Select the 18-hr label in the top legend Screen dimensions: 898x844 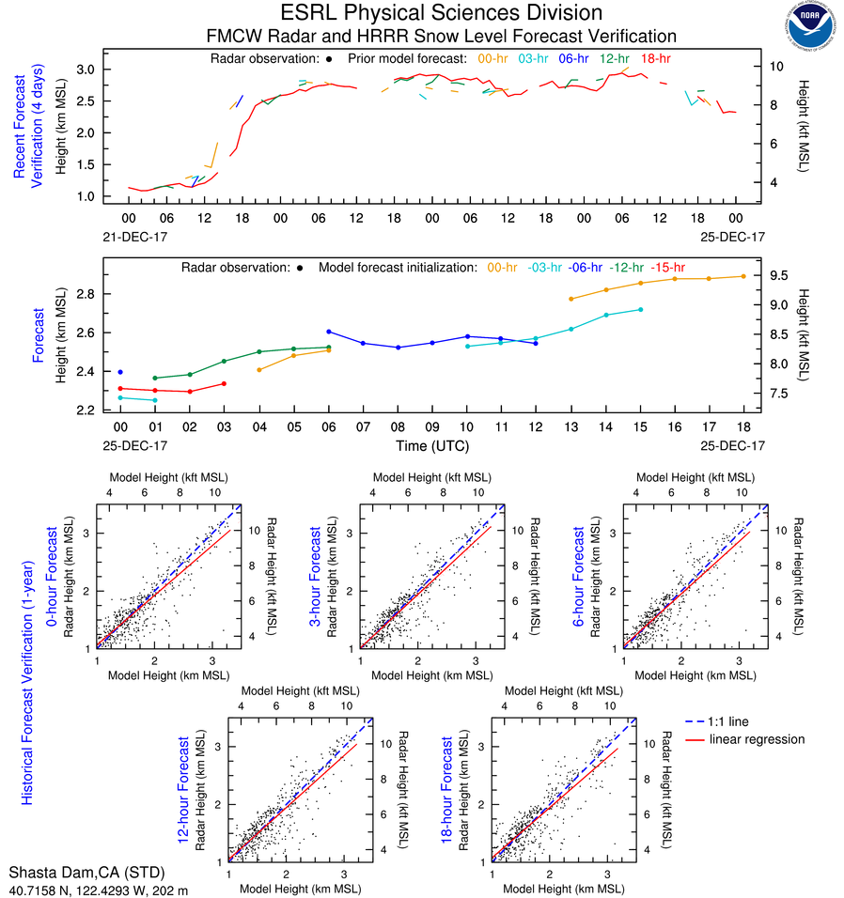[654, 58]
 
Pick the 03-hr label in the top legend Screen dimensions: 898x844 [534, 58]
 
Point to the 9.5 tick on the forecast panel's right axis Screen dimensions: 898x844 [781, 275]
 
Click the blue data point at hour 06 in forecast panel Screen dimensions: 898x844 [328, 332]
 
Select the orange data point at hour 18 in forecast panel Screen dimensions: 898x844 [743, 276]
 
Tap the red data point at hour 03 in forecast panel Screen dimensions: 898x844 [224, 383]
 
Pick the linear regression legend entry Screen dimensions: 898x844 [758, 739]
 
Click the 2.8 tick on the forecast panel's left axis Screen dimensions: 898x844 [85, 294]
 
